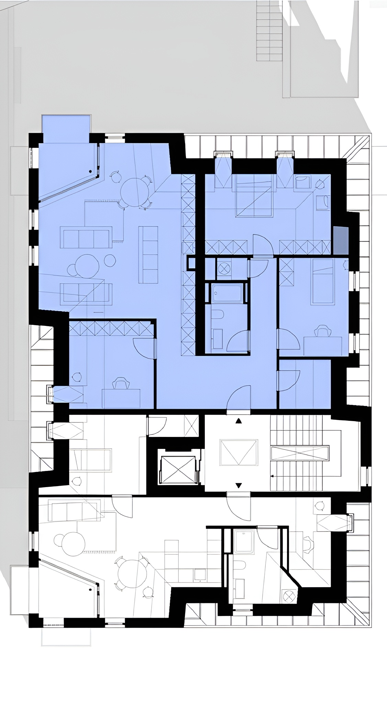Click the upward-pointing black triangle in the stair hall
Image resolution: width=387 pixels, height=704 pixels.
pos(239,420)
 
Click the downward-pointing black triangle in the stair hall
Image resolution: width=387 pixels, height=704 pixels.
pos(239,485)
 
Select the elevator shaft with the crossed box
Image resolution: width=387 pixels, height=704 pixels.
pos(178,470)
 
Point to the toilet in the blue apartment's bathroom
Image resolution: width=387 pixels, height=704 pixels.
pos(218,314)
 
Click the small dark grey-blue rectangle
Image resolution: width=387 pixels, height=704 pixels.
pos(341,240)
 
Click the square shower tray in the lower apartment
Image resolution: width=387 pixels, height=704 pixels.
pos(244,541)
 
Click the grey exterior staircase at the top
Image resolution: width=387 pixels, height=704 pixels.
pos(269,31)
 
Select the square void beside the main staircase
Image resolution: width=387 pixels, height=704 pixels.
pos(239,452)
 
